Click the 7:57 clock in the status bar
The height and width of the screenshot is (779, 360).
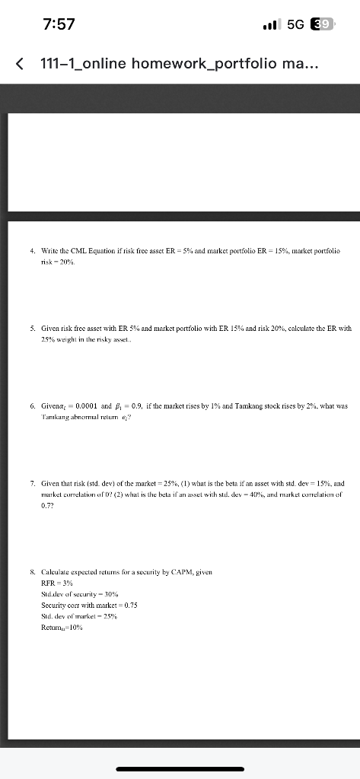coord(59,24)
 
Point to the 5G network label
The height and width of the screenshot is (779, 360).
coord(299,24)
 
